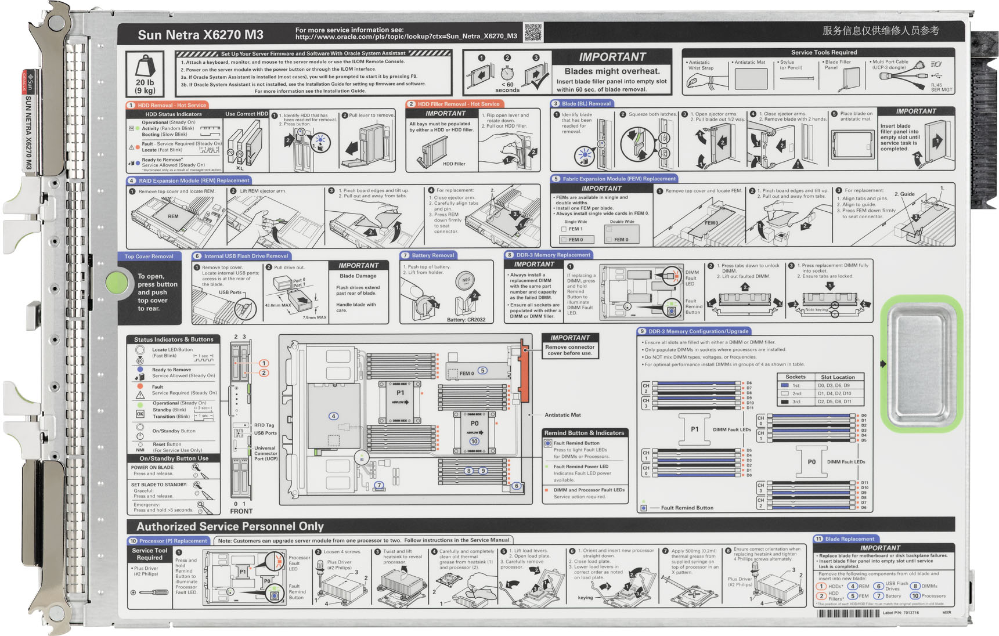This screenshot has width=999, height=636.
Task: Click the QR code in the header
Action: click(x=533, y=32)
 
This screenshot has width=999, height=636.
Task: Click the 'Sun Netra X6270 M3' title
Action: click(x=200, y=35)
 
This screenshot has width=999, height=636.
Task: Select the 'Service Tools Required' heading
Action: click(x=824, y=52)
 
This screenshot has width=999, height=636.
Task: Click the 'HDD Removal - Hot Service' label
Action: click(x=172, y=105)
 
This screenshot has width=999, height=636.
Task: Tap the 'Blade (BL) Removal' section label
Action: click(x=586, y=104)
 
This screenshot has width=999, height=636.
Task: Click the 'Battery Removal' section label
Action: click(x=432, y=255)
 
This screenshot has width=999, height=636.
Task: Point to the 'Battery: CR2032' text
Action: click(x=466, y=320)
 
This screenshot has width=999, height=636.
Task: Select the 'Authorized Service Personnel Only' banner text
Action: click(x=230, y=526)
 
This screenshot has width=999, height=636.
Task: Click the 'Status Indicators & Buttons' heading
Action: click(x=174, y=339)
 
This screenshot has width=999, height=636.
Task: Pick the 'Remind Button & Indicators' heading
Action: click(x=584, y=433)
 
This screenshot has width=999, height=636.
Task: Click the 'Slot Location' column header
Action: click(x=838, y=377)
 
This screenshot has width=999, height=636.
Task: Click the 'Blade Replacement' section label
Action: click(x=849, y=539)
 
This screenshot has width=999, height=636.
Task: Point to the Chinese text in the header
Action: click(x=880, y=31)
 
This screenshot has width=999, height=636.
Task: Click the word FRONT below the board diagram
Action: click(x=241, y=511)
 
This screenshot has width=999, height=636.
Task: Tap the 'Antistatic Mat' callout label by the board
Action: click(x=562, y=415)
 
